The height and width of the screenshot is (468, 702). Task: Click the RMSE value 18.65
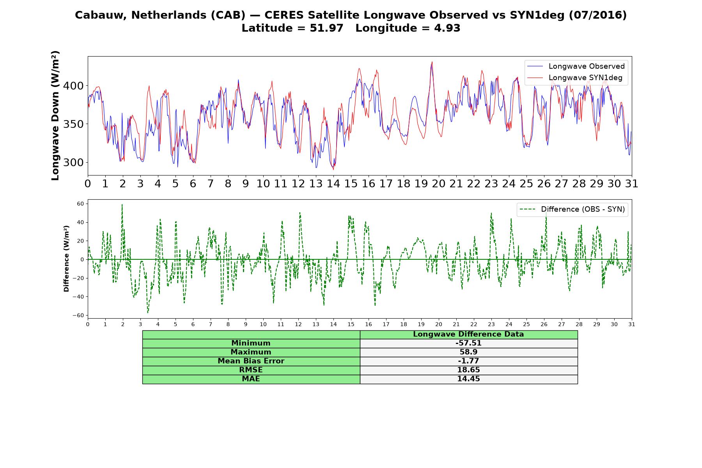468,370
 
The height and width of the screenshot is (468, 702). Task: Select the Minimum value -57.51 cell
468,343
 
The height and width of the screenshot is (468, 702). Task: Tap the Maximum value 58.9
468,352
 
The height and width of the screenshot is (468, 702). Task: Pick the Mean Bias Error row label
251,361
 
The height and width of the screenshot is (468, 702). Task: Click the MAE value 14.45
468,379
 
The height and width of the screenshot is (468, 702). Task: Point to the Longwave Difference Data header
468,334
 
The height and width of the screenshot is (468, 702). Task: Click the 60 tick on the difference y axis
81,204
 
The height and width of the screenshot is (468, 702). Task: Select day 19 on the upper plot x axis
421,184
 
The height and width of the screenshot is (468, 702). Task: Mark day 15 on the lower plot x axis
351,324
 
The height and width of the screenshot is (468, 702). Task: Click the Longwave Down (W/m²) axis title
55,115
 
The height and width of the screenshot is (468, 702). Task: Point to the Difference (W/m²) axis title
66,259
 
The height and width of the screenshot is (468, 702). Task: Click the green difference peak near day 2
122,204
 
